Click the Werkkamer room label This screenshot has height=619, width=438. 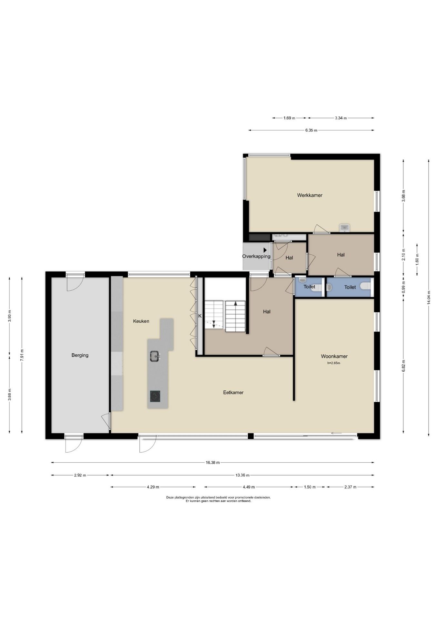pos(310,195)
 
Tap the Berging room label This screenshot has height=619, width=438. pos(80,355)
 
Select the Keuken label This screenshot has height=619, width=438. pos(141,321)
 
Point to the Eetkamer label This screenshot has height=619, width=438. pos(233,392)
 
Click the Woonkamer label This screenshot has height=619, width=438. pos(334,356)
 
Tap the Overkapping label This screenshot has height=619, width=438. pos(256,256)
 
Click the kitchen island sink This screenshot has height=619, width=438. pos(155,356)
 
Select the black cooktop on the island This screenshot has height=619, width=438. pos(155,396)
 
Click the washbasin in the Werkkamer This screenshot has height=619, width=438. pos(344,228)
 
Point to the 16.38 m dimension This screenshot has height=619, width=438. pos(213,463)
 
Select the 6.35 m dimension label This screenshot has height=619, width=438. pos(311,130)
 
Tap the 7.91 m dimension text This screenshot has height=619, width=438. pos(22,355)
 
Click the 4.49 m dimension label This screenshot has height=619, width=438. pos(249,487)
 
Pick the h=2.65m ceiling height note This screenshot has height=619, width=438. pos(334,363)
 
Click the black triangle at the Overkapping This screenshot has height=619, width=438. pos(265,250)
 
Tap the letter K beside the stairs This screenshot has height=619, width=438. pos(200,316)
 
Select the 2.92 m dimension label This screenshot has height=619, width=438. pos(80,475)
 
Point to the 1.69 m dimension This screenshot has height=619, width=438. pos(289,118)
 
